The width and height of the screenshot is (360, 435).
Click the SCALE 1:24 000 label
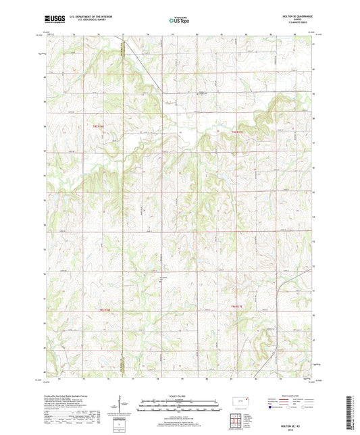pyautogui.click(x=180, y=395)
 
